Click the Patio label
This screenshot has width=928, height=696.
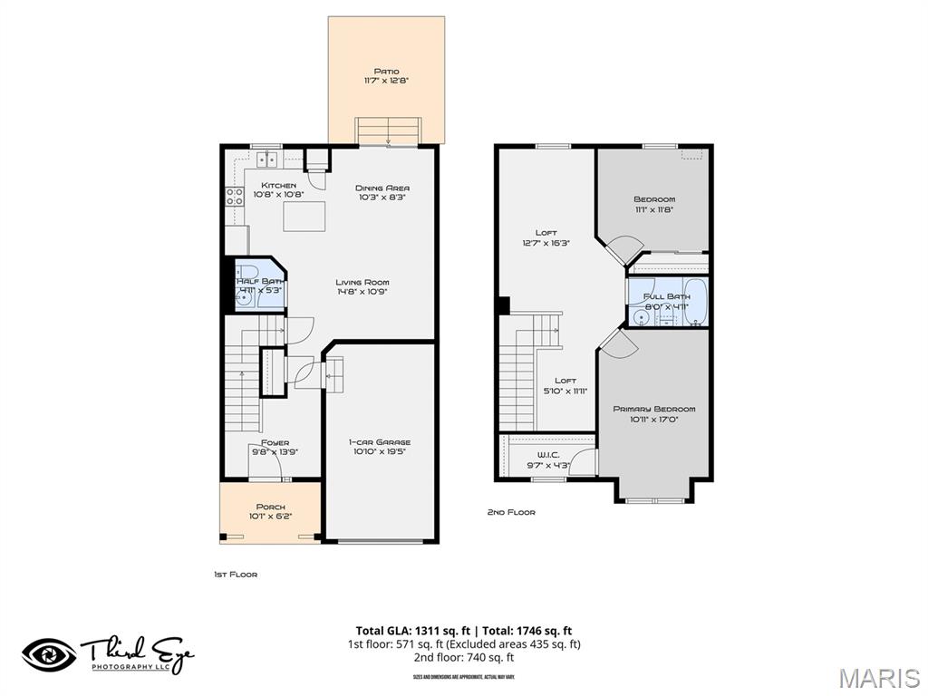386,72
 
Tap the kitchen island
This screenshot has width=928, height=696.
304,217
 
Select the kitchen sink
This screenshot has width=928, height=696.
267,160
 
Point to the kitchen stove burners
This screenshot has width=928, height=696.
235,197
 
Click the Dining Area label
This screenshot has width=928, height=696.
382,188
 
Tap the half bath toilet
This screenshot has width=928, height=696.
247,272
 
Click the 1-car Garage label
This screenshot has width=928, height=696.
381,442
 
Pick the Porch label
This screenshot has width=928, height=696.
270,507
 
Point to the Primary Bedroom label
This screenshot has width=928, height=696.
653,409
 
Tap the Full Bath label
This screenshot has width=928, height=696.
666,296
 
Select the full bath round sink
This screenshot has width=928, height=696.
640,316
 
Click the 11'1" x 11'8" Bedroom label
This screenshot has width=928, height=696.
653,199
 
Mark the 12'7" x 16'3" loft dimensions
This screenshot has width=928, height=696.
546,243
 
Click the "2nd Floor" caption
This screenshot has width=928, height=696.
511,513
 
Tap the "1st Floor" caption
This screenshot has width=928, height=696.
235,575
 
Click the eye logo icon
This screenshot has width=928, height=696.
49,654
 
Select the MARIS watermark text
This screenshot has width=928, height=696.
878,678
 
